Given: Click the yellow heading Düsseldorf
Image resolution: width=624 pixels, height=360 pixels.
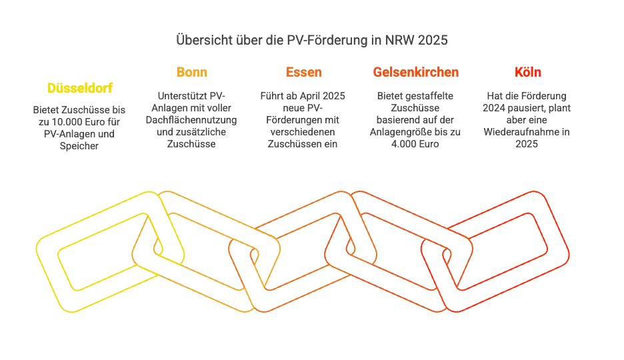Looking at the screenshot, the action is (79, 88).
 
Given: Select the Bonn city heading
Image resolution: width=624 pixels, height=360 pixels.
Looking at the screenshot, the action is (192, 72).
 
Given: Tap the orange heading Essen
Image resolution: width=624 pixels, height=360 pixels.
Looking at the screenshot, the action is (303, 72).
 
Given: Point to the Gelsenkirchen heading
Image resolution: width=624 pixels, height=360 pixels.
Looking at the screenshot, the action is (415, 72).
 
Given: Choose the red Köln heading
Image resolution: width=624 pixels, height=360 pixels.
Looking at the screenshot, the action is (528, 72).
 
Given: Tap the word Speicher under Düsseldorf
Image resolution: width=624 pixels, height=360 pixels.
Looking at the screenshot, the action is (79, 146).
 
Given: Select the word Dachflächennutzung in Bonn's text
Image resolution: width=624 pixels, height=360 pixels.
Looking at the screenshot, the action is (191, 120).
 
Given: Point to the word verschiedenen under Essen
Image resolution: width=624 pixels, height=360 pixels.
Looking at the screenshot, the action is (303, 132).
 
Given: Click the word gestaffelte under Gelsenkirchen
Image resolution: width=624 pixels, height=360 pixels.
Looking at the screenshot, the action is (430, 96).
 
